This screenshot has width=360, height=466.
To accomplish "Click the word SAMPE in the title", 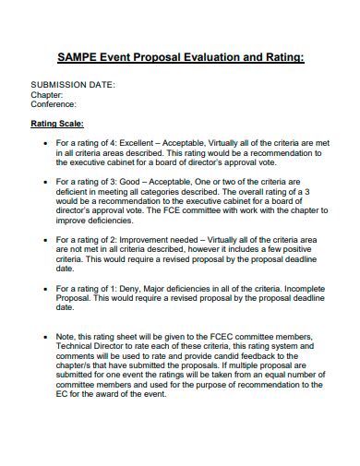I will click(77, 56).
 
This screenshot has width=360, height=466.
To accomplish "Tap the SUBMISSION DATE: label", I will click(74, 84).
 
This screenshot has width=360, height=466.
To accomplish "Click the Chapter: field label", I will click(47, 94).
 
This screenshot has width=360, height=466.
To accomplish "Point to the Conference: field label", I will click(54, 104).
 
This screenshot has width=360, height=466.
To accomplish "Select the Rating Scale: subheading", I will click(57, 123).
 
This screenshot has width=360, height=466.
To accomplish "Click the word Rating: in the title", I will click(279, 56).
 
